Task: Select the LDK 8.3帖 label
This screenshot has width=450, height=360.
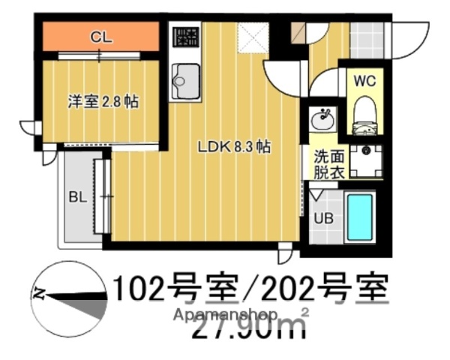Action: coord(233,147)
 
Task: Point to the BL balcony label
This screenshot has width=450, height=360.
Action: coord(76,199)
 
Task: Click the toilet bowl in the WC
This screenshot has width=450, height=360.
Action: coord(364,107)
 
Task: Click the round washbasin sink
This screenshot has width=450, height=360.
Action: coord(325,118)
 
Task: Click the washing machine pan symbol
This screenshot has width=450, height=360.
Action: coord(367,160)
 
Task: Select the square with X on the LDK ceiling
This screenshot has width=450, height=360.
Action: coord(248,37)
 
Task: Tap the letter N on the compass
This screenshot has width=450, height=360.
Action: coord(41,293)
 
